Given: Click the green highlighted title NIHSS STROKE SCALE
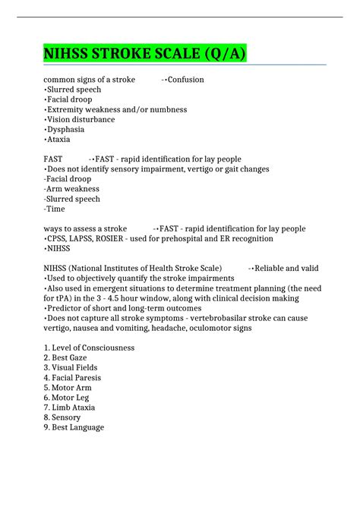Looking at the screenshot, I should coord(144,55).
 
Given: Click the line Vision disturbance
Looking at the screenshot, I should coord(81,120).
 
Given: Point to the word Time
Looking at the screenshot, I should coord(55,209).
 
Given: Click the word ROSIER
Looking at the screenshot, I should coord(113,238).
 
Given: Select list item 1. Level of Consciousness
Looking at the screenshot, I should coord(89,348).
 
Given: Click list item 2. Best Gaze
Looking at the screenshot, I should coord(68,357).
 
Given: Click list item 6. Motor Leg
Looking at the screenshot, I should coord(67,397).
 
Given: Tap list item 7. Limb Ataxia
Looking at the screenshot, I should coord(70,408).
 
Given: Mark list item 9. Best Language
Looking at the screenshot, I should coord(74,427).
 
